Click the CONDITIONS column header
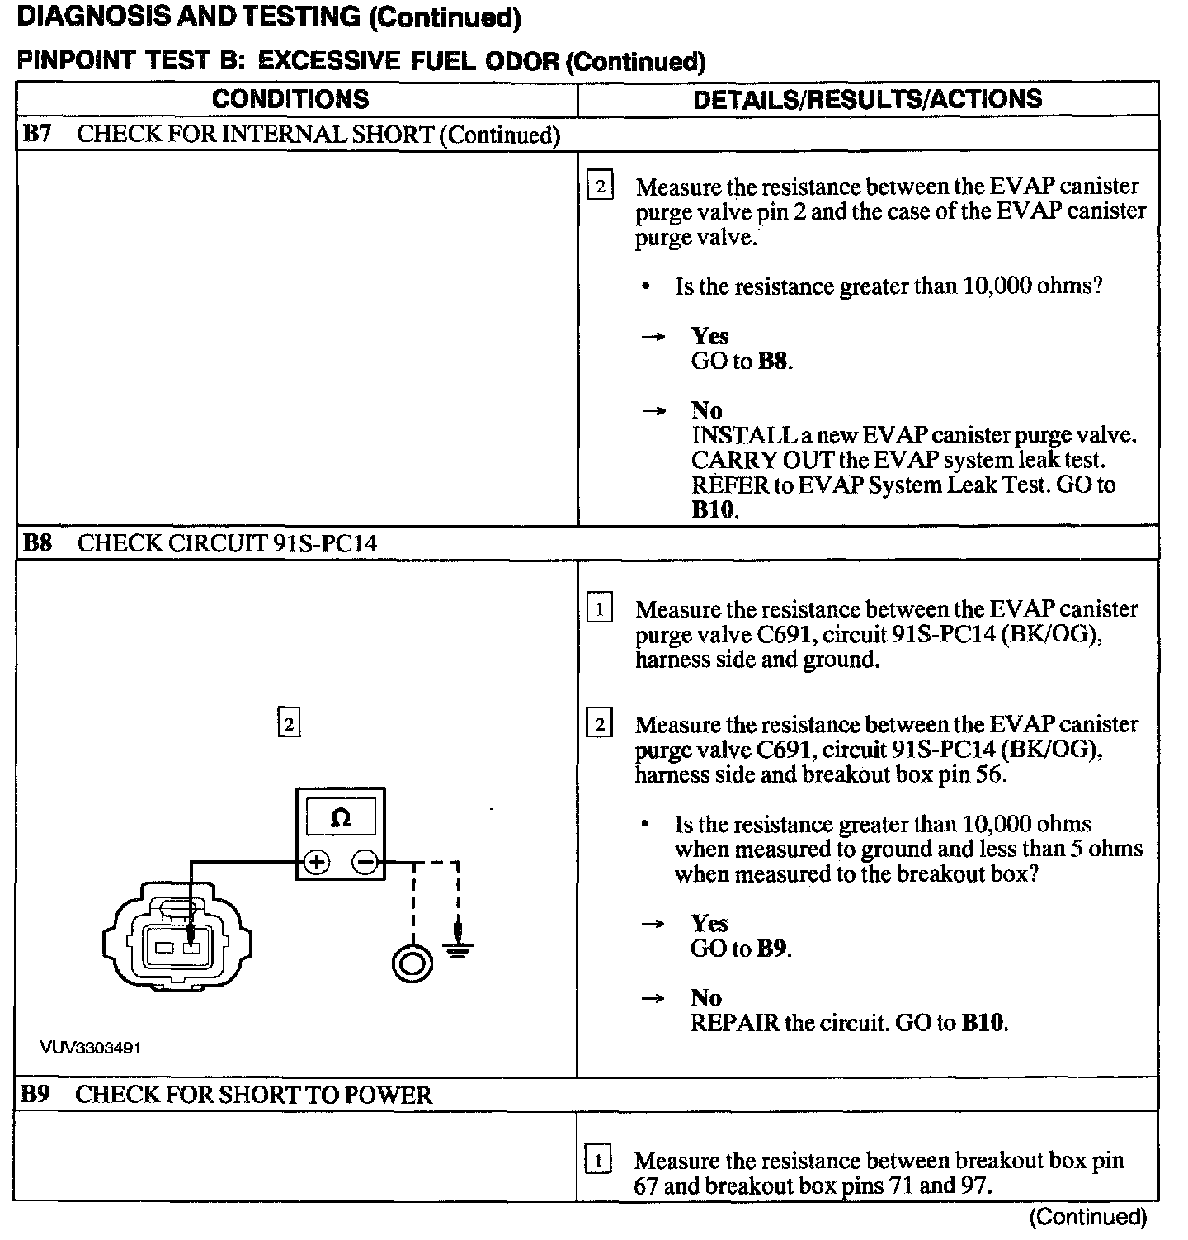click(290, 99)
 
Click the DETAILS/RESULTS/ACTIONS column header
click(867, 99)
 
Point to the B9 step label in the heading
click(35, 1094)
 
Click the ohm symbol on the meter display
click(340, 818)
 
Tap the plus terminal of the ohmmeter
click(316, 863)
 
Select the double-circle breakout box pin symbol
click(412, 963)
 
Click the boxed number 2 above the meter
click(288, 724)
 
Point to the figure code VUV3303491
click(91, 1048)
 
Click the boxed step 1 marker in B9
click(598, 1160)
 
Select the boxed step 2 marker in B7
click(600, 187)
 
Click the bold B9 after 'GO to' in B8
click(771, 949)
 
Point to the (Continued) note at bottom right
click(1088, 1216)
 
